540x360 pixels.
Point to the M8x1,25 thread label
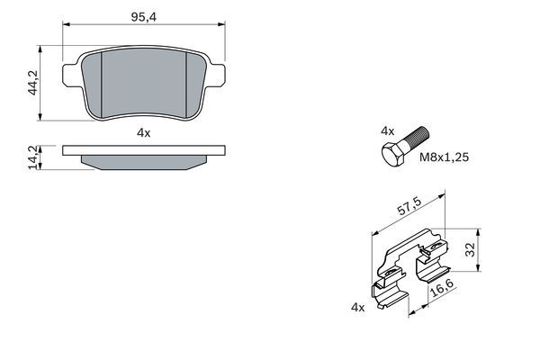tap(445, 157)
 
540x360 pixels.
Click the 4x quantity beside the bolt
tap(388, 131)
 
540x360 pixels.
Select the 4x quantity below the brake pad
tap(143, 132)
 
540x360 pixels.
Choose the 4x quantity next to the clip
tap(357, 308)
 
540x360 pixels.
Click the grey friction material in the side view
tap(143, 162)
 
